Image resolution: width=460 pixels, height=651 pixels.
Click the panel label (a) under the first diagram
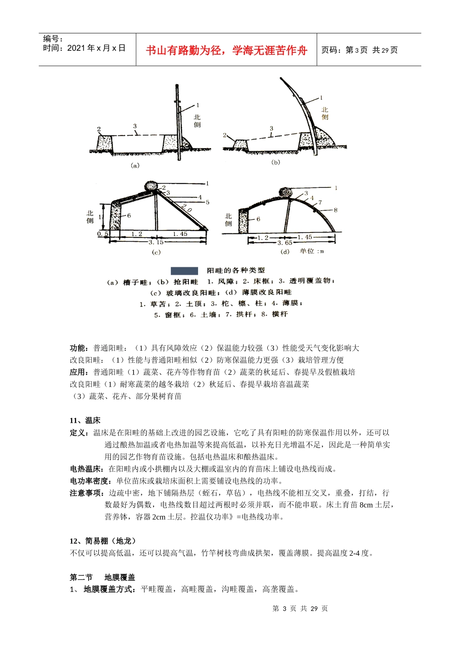click(135, 165)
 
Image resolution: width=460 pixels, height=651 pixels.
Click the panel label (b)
click(276, 162)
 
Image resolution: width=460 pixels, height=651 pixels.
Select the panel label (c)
click(156, 252)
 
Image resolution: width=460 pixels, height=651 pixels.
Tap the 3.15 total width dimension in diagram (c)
click(156, 242)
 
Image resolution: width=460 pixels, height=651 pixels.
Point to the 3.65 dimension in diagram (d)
click(285, 243)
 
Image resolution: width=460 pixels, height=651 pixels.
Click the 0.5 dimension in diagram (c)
click(103, 234)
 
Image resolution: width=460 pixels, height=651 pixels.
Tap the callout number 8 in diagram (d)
click(336, 210)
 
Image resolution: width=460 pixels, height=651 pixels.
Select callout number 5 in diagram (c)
click(207, 202)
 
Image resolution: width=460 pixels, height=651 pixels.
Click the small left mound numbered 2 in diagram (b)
click(239, 144)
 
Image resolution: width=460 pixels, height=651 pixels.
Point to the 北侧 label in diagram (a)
click(197, 121)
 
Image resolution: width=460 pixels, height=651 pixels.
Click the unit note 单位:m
click(311, 251)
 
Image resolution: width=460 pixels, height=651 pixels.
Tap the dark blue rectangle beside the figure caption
click(184, 271)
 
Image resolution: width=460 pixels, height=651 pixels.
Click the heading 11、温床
click(85, 420)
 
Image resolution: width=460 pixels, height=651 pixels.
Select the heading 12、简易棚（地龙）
click(104, 541)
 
